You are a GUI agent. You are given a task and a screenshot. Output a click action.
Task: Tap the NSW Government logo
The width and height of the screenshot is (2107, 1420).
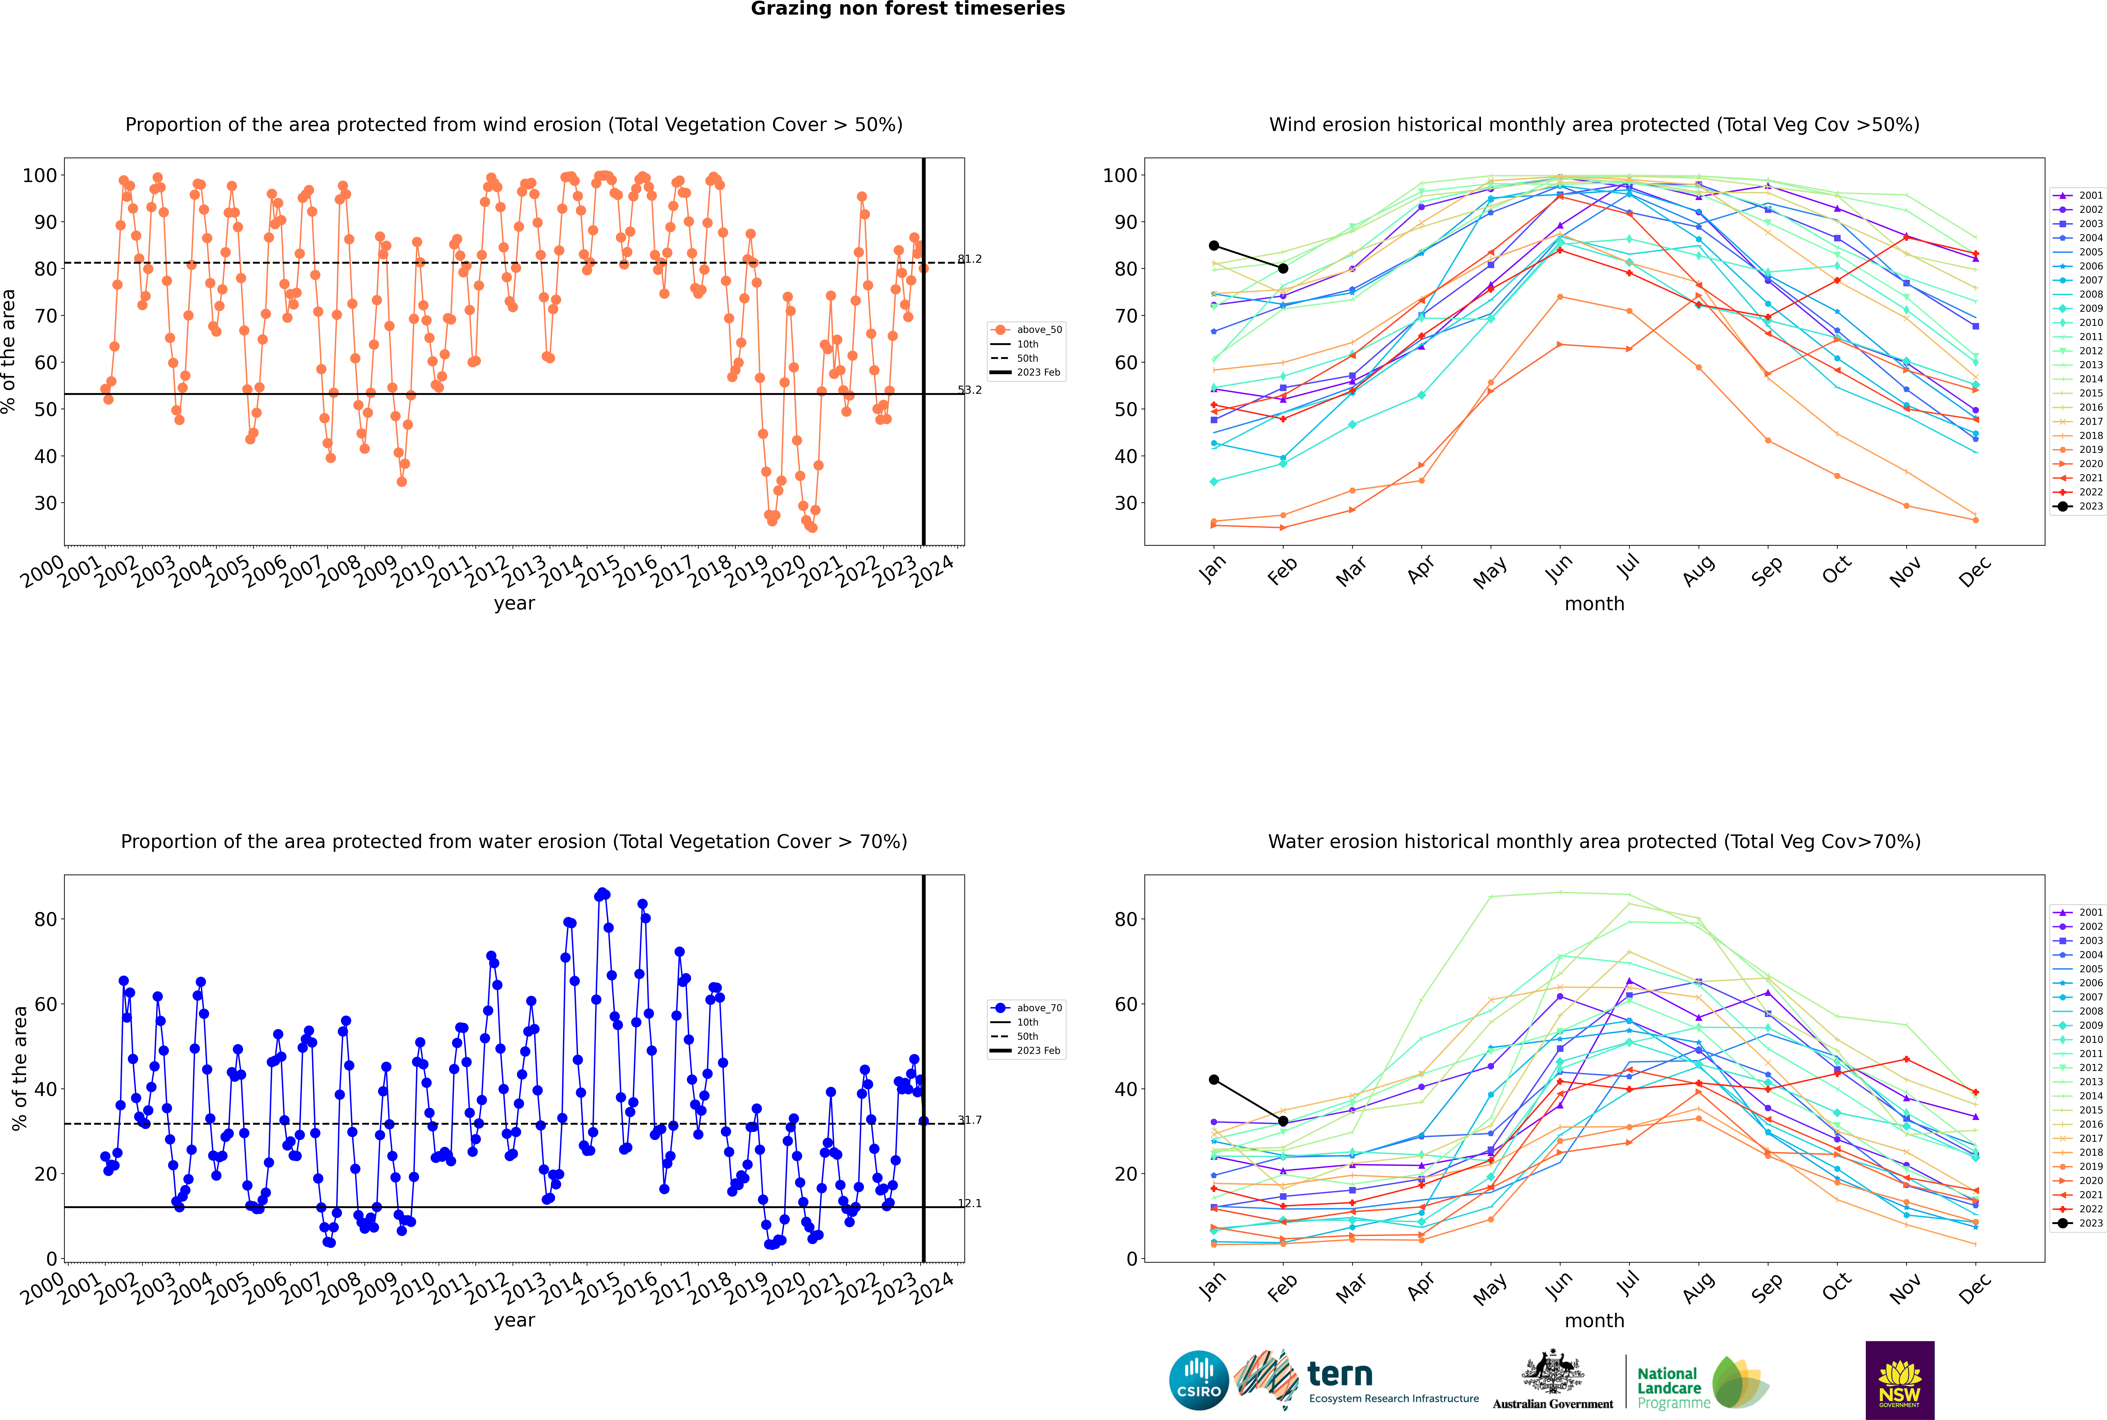tap(1900, 1380)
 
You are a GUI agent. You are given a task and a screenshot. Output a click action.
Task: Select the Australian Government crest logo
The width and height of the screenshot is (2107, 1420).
tap(1553, 1380)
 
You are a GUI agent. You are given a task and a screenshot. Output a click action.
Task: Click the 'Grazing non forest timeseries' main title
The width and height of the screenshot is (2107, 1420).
tap(908, 9)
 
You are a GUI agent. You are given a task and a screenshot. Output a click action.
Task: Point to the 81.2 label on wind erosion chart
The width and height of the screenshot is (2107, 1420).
tap(969, 259)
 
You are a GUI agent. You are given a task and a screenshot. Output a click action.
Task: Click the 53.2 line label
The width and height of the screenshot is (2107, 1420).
tap(969, 390)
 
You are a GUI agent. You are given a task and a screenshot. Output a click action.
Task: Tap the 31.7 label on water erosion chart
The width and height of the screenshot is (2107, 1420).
tap(969, 1120)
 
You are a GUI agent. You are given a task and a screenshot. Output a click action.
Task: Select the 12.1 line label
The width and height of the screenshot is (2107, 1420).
tap(969, 1204)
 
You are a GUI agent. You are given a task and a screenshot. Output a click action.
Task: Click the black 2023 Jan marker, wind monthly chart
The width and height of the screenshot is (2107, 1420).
tap(1214, 245)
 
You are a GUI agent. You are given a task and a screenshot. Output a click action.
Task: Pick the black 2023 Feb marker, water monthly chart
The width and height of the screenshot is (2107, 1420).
tap(1283, 1121)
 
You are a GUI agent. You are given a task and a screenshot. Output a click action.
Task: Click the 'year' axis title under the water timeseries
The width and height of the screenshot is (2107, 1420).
tap(515, 1320)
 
